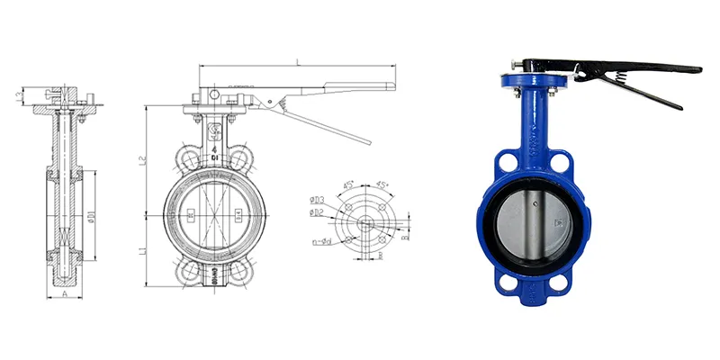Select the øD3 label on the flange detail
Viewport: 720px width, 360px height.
[315, 198]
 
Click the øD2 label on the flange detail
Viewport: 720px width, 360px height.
[315, 212]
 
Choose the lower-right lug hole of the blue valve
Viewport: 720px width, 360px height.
[558, 282]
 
